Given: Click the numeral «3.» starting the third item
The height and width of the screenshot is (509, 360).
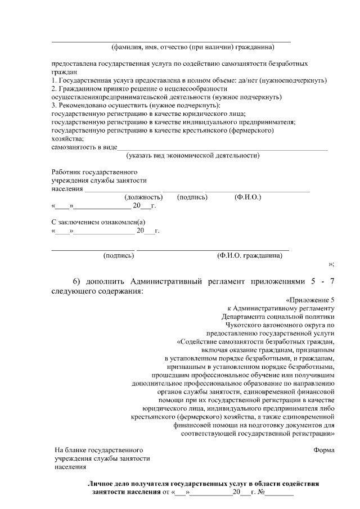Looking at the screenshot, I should [54, 105].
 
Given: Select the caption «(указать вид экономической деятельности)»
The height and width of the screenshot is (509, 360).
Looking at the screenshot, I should [193, 155].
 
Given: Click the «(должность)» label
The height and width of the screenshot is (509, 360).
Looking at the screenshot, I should [143, 197].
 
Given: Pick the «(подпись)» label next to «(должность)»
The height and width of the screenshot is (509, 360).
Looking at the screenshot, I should [192, 197].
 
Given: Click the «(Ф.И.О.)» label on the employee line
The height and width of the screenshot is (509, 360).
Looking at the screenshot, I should [247, 197].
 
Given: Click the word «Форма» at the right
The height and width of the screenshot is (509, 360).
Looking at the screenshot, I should [325, 450].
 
